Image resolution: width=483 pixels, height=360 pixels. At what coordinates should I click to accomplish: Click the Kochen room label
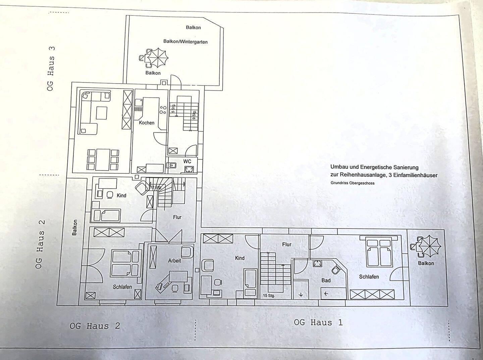147,123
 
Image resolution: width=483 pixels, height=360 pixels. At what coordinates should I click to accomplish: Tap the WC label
187,161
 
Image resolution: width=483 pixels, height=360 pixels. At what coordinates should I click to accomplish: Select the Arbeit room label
174,260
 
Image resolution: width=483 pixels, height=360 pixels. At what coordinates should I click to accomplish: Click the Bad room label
326,280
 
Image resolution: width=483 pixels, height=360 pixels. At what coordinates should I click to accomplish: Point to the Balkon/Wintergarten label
185,42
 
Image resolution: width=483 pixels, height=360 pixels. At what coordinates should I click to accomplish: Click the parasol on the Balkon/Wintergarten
157,57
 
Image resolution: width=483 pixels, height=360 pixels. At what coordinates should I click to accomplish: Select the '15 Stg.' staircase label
269,296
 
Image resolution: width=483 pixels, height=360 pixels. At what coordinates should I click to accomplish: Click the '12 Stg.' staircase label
156,187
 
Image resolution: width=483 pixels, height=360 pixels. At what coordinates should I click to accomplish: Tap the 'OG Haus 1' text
318,323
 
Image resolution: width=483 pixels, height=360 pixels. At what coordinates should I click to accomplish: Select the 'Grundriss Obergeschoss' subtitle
353,183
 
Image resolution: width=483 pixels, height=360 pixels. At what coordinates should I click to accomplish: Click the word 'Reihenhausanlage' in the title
362,175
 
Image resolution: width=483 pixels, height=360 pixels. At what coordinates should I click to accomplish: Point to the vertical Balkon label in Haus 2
74,227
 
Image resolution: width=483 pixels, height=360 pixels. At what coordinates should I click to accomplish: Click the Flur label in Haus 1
287,245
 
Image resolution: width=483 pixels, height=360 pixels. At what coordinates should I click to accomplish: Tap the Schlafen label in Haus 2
122,287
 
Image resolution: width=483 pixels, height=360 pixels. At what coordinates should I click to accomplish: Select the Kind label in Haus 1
240,258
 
